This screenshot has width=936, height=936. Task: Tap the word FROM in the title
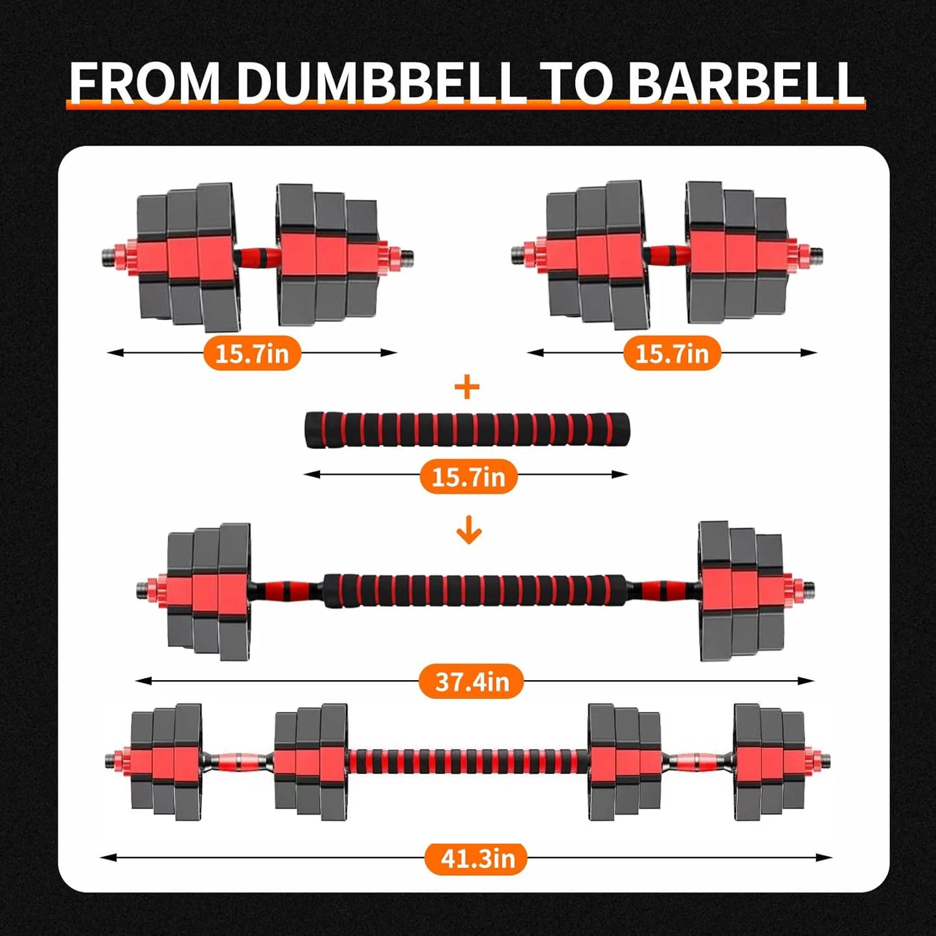pos(144,82)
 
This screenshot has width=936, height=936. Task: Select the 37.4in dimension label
pos(471,681)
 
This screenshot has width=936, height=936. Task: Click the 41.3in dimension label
pos(477,858)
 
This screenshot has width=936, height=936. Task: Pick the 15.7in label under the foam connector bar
pos(468,477)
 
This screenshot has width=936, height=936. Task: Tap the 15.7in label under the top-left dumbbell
pos(252,354)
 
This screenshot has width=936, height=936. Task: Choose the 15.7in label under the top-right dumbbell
pos(672,354)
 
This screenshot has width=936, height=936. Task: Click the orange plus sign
pos(467,388)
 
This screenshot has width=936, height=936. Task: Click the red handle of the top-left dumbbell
pos(256,257)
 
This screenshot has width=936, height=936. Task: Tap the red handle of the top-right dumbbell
pos(667,255)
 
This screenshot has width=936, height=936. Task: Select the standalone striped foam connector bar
pos(466,428)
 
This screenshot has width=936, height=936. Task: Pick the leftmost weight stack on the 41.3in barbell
pos(166,758)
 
